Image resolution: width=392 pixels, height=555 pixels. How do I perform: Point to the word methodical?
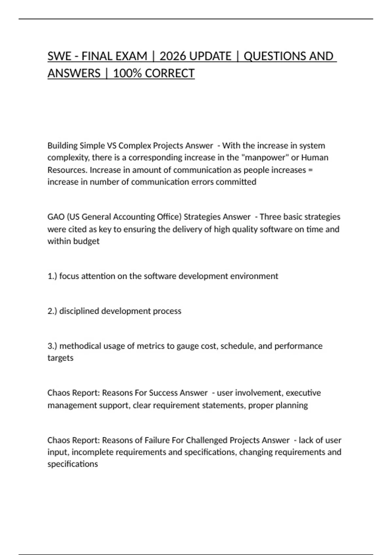point(80,346)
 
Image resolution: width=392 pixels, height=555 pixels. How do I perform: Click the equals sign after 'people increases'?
point(310,170)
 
